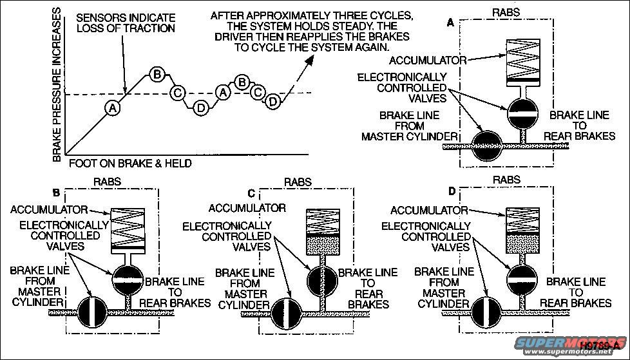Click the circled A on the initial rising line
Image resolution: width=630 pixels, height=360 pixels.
click(x=113, y=108)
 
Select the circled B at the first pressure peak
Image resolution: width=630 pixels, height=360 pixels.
click(x=157, y=74)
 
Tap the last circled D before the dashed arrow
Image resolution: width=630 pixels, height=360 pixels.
click(x=273, y=102)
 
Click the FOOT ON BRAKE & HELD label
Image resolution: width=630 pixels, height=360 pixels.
click(x=129, y=164)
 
